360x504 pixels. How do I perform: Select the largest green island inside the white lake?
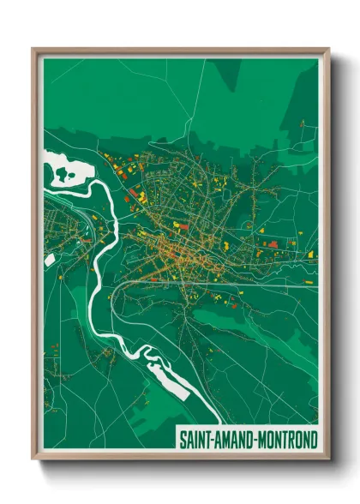pyautogui.click(x=63, y=175)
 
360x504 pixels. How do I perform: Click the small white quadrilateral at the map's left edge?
pyautogui.click(x=50, y=258)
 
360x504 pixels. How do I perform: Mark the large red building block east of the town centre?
pyautogui.click(x=273, y=244)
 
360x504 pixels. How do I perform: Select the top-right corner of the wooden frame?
pyautogui.click(x=328, y=50)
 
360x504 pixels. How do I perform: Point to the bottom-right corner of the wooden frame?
pyautogui.click(x=328, y=460)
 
